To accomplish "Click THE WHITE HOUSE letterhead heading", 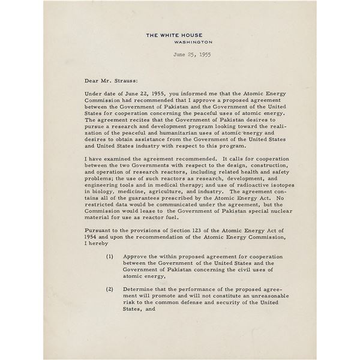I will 179,35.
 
